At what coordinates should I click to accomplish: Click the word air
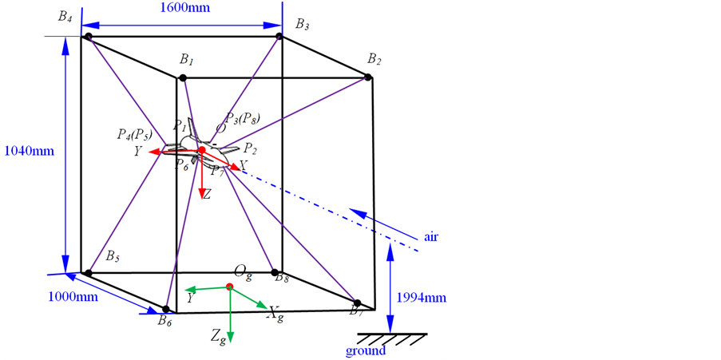point(432,236)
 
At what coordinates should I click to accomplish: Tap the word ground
point(366,350)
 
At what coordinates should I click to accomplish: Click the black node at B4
point(89,37)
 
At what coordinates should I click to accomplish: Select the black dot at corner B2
point(368,77)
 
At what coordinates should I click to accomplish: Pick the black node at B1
point(183,77)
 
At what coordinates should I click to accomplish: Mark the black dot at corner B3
point(279,37)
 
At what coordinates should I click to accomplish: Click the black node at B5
point(89,273)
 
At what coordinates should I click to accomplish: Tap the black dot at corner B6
point(166,309)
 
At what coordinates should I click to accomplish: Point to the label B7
point(356,311)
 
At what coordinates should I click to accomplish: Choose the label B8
point(281,278)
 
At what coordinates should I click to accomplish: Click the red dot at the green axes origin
point(230,286)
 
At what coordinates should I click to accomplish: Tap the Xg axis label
point(275,315)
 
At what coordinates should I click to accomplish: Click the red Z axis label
point(206,194)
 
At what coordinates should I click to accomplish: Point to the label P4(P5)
point(134,133)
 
